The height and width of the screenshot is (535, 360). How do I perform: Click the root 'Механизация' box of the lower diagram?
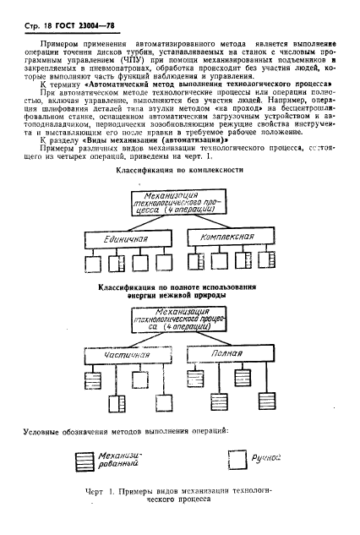click(x=177, y=320)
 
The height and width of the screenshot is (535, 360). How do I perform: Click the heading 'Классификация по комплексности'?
click(x=177, y=170)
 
